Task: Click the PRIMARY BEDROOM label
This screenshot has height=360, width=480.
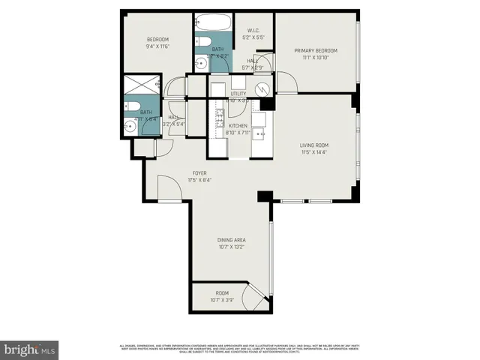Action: coord(315,51)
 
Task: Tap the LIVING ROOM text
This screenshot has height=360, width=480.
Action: coord(315,145)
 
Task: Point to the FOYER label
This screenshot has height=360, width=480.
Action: coord(178,172)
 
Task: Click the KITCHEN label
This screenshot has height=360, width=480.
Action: coord(238,126)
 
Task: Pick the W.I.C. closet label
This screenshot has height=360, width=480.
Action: coord(253,31)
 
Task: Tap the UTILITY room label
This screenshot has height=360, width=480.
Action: coord(238,93)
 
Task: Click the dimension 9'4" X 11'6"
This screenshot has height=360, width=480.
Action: coord(157,46)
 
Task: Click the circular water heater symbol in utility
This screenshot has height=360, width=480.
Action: coord(262,89)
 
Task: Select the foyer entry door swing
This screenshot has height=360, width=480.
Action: coord(169,193)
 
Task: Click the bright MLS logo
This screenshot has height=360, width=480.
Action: coord(29,349)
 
